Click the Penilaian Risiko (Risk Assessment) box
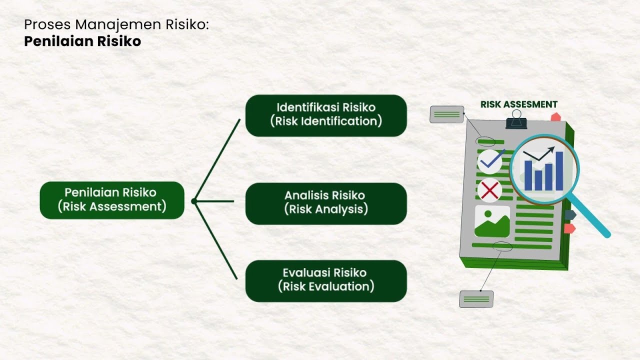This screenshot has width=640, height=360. click(112, 200)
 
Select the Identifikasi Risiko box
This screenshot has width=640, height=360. click(326, 115)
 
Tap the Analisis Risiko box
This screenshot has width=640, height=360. click(326, 203)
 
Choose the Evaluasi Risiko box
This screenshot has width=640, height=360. click(326, 280)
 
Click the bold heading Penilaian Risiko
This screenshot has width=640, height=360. click(82, 41)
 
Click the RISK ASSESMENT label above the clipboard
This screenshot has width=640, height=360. click(518, 104)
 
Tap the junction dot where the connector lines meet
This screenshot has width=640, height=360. click(194, 201)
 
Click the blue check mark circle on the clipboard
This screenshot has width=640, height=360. click(490, 161)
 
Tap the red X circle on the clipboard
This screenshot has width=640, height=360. click(489, 190)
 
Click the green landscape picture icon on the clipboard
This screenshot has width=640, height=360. click(492, 221)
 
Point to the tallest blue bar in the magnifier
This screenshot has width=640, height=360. click(559, 171)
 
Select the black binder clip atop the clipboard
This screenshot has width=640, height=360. click(516, 120)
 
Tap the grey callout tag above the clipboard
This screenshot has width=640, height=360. click(446, 114)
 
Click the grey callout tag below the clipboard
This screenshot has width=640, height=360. click(476, 299)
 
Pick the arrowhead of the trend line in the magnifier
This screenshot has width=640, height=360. click(551, 149)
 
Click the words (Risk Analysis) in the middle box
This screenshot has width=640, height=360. click(326, 209)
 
